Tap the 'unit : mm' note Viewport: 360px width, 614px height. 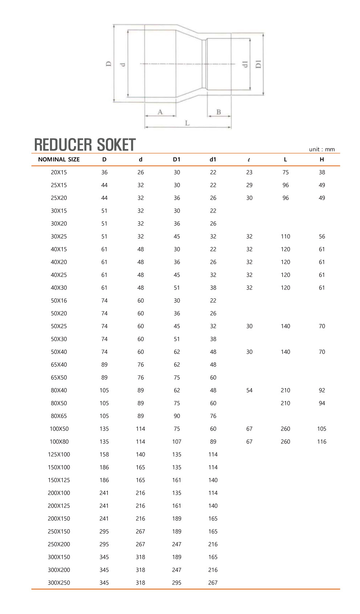(x=322, y=149)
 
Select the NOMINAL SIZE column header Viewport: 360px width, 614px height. (x=59, y=159)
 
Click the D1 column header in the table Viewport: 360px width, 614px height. (x=177, y=159)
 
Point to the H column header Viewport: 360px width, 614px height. (x=322, y=159)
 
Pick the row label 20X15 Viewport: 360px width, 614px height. (x=59, y=172)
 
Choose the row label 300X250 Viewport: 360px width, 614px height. (x=59, y=583)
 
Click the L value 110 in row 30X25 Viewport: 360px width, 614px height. (x=285, y=237)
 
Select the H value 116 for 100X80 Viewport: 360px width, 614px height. (x=322, y=442)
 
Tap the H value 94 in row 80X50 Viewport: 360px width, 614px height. (x=322, y=403)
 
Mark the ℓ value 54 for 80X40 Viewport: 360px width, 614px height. (x=249, y=390)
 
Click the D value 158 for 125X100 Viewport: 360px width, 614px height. (x=104, y=454)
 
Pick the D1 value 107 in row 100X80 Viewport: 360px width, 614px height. (x=177, y=442)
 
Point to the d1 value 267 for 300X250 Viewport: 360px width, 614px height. (x=213, y=583)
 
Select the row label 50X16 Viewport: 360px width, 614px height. (x=59, y=300)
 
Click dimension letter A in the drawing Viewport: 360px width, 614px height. (x=160, y=112)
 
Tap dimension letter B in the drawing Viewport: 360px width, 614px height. (x=218, y=112)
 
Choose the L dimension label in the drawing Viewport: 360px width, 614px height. (x=187, y=123)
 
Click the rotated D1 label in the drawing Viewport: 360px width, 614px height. (x=258, y=64)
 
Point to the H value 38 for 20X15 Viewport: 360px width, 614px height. (x=322, y=172)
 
